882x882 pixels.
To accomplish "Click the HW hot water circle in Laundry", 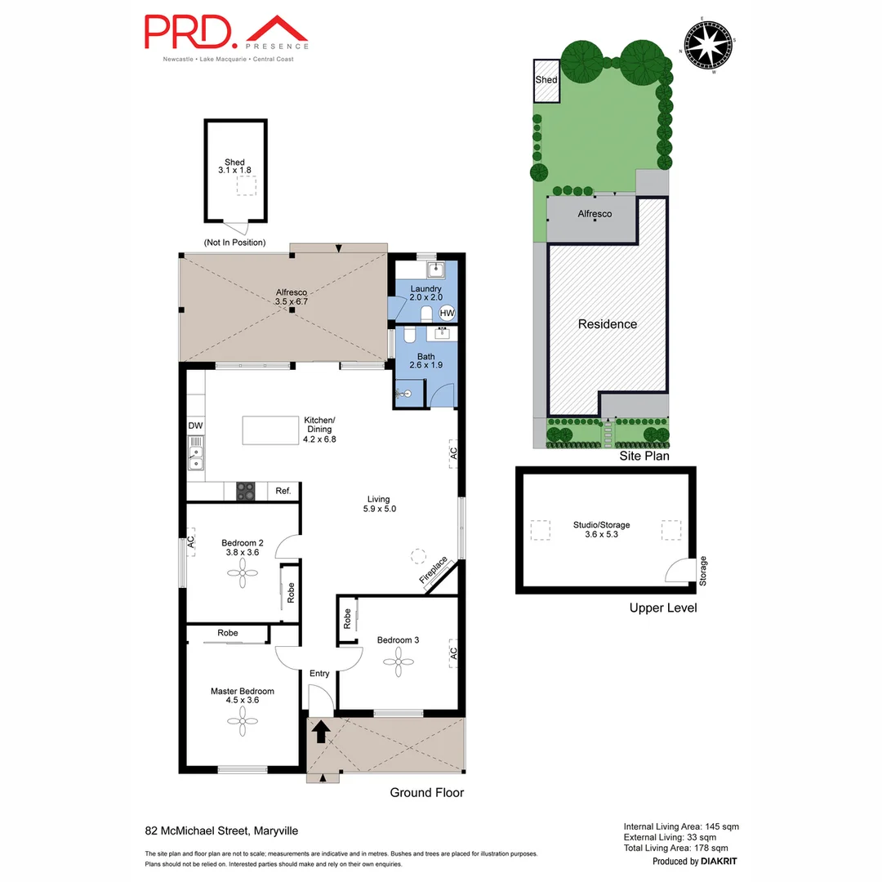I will coord(447,313).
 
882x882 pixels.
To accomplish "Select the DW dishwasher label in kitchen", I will coord(195,425).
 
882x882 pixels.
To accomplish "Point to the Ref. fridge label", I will coord(283,491).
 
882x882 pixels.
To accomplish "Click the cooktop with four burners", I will coord(246,491).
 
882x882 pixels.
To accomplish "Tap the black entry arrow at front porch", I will coord(320,731).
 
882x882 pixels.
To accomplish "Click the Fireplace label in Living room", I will coord(434,570).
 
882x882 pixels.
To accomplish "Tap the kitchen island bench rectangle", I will coord(270,430).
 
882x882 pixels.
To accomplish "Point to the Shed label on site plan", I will coord(546,80).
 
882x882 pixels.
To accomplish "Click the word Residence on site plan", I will coord(608,324).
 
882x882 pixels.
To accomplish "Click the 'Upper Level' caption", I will coord(662,608).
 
